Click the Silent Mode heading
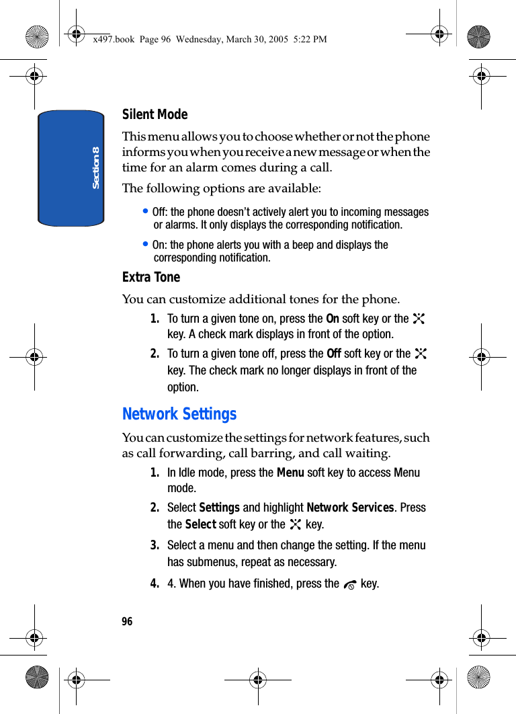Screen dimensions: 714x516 pos(155,114)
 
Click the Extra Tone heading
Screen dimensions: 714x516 pos(150,277)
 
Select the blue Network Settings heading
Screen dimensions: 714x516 pos(179,414)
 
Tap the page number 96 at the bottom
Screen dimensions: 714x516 pos(127,621)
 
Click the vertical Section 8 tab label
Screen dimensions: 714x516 pos(95,167)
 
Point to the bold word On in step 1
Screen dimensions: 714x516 pos(332,319)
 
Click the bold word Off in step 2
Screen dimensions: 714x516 pos(333,354)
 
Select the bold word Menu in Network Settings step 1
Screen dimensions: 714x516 pos(290,473)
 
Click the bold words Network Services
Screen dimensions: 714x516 pos(349,508)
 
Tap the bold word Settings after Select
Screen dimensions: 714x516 pos(220,508)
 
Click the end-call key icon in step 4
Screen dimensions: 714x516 pos(349,585)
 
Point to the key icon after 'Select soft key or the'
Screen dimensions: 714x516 pos(295,524)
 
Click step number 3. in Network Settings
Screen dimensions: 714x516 pos(155,545)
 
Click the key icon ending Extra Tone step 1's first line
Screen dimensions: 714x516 pos(419,319)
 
